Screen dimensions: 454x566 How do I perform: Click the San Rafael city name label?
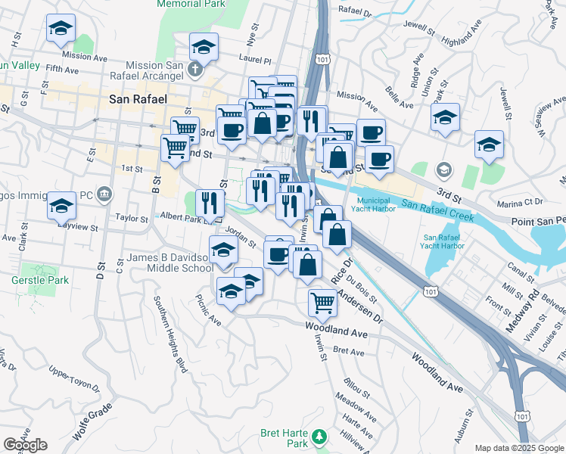[136, 98]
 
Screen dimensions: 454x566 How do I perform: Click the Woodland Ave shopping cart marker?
[322, 303]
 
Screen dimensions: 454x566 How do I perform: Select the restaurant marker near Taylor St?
[210, 202]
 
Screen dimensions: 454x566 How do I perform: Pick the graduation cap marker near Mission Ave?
[61, 29]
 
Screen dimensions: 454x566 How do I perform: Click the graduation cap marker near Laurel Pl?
[204, 47]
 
